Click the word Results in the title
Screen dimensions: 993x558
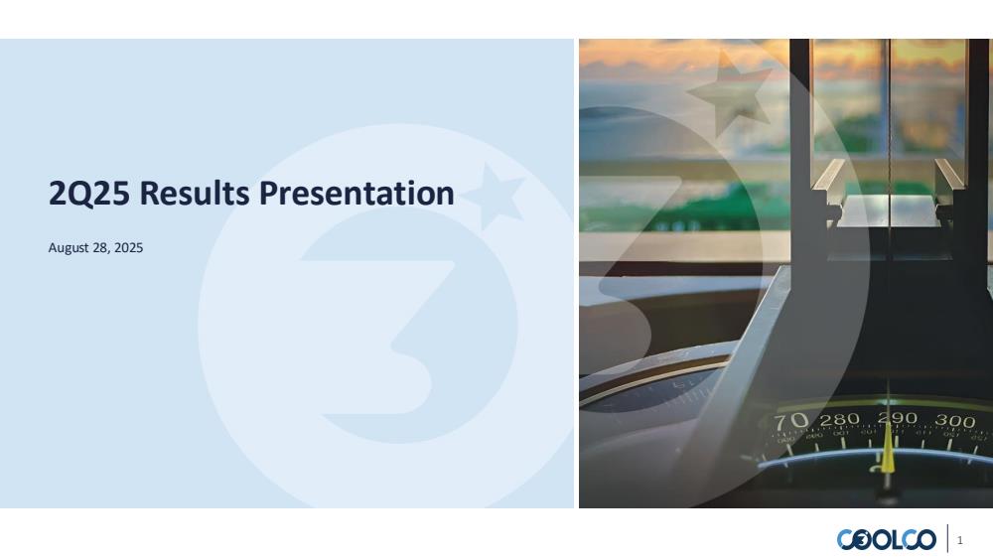(195, 193)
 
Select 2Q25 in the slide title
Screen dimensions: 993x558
(89, 194)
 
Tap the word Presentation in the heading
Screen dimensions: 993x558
(356, 193)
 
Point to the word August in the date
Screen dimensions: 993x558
(70, 247)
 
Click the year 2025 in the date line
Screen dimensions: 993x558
(128, 247)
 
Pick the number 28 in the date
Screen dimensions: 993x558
(100, 247)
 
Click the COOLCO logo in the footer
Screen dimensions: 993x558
(886, 540)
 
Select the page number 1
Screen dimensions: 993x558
(960, 540)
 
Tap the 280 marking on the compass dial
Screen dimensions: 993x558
(839, 419)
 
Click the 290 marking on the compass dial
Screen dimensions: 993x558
(898, 418)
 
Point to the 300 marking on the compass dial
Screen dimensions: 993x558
(955, 421)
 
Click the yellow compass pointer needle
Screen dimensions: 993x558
(888, 449)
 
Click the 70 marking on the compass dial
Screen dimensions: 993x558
(791, 421)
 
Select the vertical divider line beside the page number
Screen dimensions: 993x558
(948, 538)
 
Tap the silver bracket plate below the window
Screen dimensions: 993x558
(889, 210)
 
